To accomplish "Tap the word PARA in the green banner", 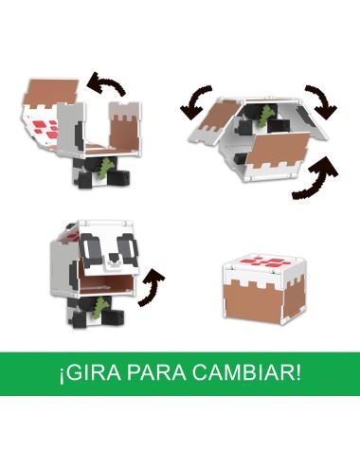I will pos(161,369).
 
